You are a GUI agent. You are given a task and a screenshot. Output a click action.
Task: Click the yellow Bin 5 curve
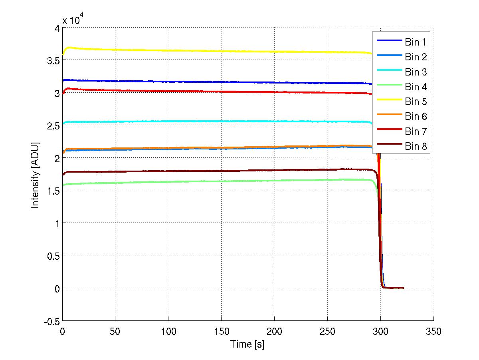(200, 51)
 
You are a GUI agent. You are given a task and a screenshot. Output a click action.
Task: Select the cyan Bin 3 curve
(200, 121)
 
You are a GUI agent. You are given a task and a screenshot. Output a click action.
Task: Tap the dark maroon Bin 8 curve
(200, 171)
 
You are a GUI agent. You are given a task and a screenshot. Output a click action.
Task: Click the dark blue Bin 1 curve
(200, 82)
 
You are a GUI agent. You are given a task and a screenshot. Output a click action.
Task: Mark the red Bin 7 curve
(200, 91)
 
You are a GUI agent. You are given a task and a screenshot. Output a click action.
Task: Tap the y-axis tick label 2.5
(52, 125)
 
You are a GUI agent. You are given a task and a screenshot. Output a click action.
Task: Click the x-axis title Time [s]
(247, 344)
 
